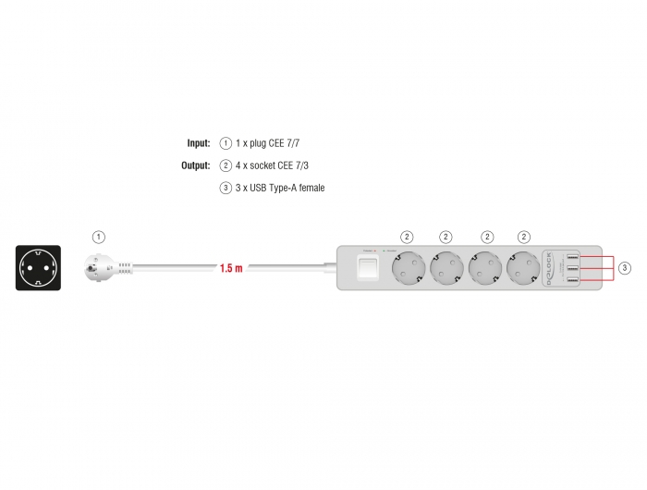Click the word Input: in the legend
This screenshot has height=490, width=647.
199,143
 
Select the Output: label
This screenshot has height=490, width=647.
196,165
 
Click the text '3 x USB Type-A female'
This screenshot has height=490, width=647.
280,188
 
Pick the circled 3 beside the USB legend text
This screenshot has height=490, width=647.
226,188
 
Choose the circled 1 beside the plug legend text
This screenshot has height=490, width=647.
226,143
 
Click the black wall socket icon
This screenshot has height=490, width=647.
39,268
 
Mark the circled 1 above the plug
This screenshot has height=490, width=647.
100,237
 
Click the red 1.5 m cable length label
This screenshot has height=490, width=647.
231,269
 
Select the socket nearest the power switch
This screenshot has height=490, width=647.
407,268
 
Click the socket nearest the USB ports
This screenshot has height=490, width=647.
524,268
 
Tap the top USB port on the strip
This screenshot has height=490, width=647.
573,256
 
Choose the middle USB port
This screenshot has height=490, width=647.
573,268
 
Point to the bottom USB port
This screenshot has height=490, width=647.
573,280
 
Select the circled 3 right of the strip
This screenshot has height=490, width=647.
626,268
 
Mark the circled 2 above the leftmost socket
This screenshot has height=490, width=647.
407,237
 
